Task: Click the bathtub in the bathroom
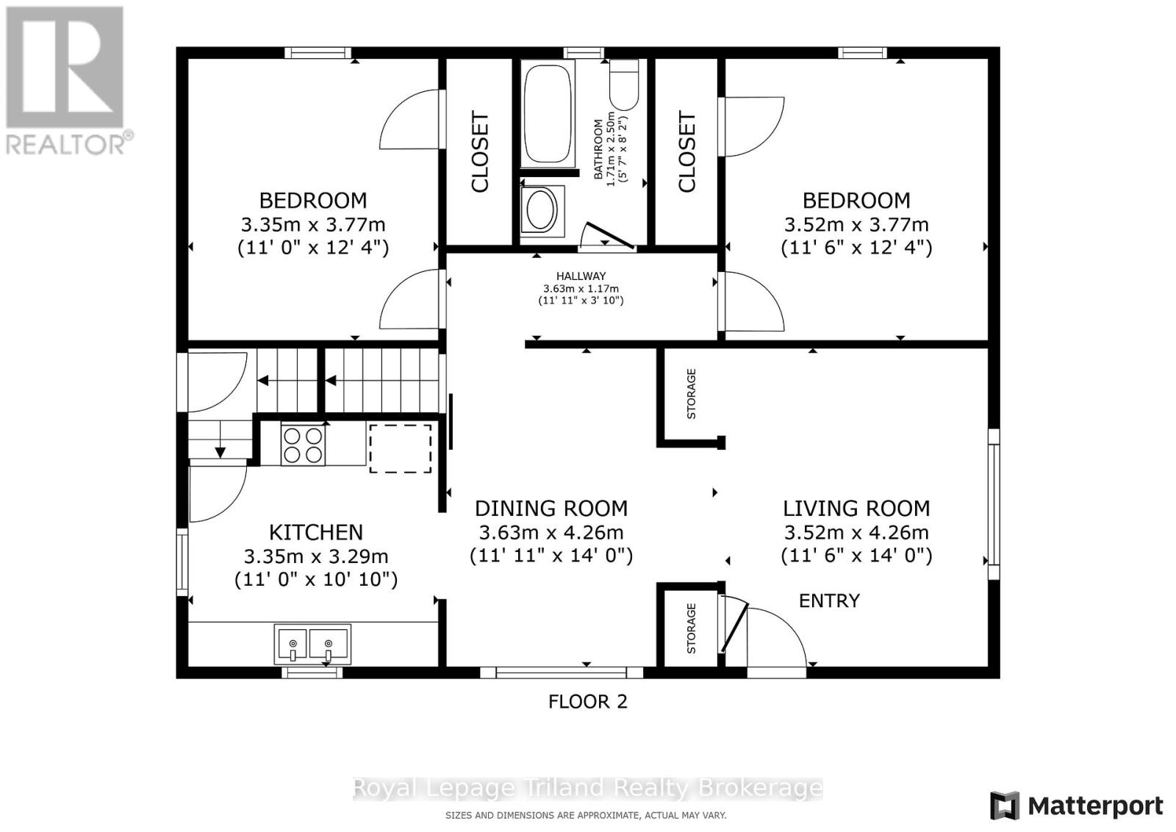click(x=548, y=114)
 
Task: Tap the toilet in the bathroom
click(x=624, y=85)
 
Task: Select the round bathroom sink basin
click(x=540, y=210)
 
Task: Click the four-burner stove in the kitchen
click(x=303, y=445)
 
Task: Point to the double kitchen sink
click(x=312, y=644)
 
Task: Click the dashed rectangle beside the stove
click(x=401, y=448)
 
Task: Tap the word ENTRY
click(x=829, y=600)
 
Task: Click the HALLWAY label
click(x=581, y=276)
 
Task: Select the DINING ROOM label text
click(x=551, y=508)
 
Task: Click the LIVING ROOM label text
click(x=856, y=508)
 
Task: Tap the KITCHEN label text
click(x=316, y=532)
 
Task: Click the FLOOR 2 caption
click(x=587, y=701)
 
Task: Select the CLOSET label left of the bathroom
click(x=480, y=151)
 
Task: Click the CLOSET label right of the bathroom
click(x=686, y=151)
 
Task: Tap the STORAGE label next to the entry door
click(x=692, y=628)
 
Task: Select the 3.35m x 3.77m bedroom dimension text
click(x=313, y=225)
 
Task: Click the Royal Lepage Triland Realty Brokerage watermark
click(x=587, y=788)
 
